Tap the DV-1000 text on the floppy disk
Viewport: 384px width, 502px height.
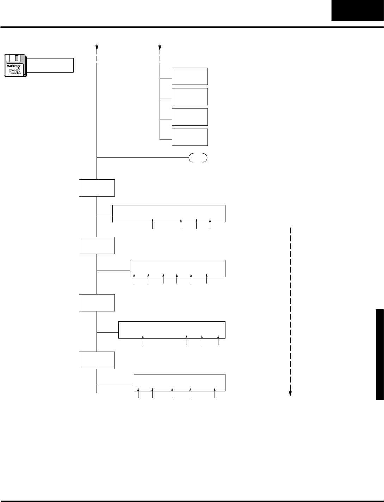[15, 70]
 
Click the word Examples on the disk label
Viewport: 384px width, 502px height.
[15, 73]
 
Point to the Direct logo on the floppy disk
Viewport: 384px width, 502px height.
[15, 66]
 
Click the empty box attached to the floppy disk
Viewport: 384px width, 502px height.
[50, 65]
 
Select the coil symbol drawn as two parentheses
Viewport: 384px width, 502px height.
[198, 158]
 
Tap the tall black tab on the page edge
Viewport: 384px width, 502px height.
[379, 354]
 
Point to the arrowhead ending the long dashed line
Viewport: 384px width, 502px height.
[291, 393]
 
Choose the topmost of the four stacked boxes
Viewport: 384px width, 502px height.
[190, 76]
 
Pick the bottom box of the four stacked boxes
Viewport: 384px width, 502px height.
[190, 137]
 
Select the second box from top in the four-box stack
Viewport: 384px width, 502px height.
[190, 97]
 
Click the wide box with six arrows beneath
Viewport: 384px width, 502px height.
[178, 268]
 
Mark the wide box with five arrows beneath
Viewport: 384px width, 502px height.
[179, 383]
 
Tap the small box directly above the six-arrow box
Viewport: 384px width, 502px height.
[97, 245]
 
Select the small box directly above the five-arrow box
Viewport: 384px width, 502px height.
[97, 360]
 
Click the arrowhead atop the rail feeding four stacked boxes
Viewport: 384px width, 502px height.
[160, 47]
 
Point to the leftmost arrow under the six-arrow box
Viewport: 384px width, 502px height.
[134, 279]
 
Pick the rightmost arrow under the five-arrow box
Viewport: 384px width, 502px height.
[215, 393]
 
